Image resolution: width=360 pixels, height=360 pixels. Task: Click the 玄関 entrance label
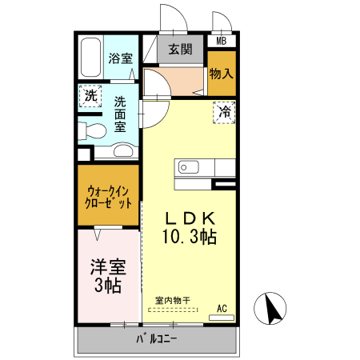pos(180,49)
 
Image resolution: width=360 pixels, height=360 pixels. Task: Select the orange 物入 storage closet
pos(222,74)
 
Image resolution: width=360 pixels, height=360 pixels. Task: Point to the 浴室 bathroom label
pos(121,58)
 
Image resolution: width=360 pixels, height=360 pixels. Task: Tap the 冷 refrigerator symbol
pos(226,112)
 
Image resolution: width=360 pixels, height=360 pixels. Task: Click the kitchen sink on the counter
pos(190,167)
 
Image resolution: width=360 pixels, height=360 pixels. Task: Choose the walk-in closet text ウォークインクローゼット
pos(109,197)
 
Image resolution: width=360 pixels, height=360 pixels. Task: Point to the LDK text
pos(190,218)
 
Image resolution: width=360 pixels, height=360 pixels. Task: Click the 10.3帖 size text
pos(190,237)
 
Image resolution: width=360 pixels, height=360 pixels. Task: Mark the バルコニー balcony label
pos(156,339)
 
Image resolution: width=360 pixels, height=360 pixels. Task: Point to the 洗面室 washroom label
pos(120,114)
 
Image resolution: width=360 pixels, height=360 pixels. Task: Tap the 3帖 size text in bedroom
pos(106,286)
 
